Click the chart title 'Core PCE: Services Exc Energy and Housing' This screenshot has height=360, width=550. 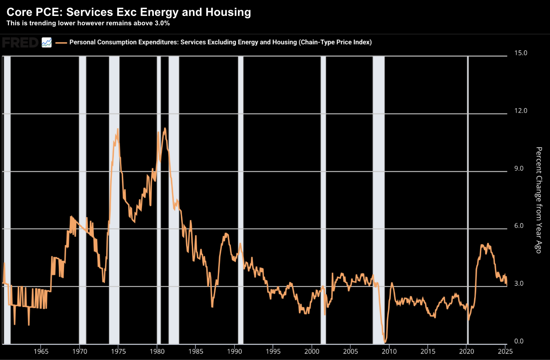[x=129, y=12]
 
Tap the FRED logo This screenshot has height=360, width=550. [x=20, y=42]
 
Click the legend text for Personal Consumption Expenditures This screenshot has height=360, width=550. [x=220, y=42]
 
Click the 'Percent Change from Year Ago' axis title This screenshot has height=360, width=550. [x=539, y=200]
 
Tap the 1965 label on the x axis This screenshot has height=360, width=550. [x=41, y=351]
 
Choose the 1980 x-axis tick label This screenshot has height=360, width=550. [x=157, y=351]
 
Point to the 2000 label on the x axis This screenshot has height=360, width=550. [x=312, y=351]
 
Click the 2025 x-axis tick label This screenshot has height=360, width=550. [x=505, y=351]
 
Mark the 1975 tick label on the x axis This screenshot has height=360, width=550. [x=118, y=351]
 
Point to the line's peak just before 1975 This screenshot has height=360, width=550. [x=118, y=129]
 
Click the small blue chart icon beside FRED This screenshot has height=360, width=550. [x=47, y=42]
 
